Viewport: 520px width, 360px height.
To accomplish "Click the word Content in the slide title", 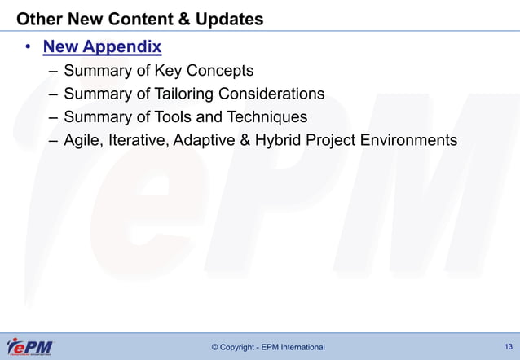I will coord(134,18).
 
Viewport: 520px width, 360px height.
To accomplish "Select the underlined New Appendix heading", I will coord(102,46).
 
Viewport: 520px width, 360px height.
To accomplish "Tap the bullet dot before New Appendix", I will coord(28,47).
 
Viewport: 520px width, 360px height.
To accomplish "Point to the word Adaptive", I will coord(209,141).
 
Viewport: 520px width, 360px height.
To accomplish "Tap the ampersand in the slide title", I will coord(178,18).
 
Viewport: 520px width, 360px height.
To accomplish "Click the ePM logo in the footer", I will coord(29,346).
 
